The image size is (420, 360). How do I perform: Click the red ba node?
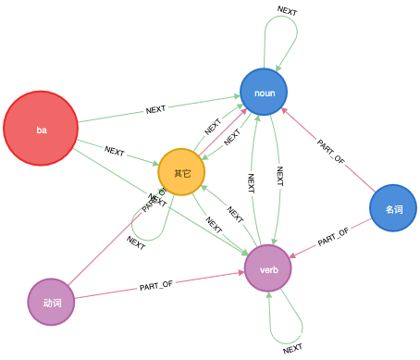coord(41,129)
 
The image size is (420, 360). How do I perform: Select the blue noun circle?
coord(264,92)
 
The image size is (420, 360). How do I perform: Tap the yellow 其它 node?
coord(181,172)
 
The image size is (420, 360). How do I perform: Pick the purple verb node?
coord(268,268)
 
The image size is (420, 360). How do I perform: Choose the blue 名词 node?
coord(393,208)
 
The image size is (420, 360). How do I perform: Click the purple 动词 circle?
coord(52,302)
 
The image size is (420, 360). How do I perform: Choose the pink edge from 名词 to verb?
coord(319,242)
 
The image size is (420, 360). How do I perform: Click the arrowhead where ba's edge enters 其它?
coord(154,163)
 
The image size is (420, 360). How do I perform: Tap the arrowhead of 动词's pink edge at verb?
coord(241,273)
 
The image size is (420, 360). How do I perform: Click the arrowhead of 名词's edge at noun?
coord(284,113)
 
